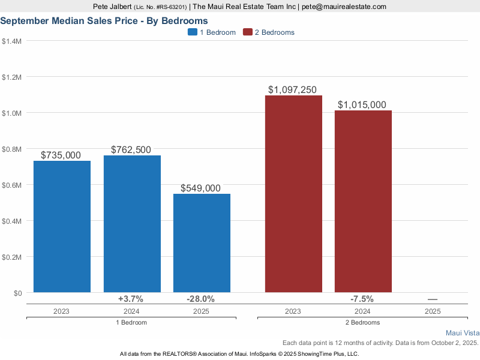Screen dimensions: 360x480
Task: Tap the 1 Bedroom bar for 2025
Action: (202, 243)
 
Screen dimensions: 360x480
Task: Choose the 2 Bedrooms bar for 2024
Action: (363, 201)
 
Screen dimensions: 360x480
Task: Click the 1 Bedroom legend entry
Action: (212, 32)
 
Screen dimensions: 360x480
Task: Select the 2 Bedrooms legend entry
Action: (268, 32)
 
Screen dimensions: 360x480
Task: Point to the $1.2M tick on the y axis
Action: (12, 77)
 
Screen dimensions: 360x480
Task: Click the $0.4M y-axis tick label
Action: (12, 221)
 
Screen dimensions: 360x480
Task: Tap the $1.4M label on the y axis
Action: (12, 41)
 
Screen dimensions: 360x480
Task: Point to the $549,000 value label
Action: (202, 188)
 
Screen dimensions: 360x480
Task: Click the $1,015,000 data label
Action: (362, 105)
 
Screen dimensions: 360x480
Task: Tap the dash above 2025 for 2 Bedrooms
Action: (433, 299)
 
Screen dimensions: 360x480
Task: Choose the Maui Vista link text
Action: (463, 332)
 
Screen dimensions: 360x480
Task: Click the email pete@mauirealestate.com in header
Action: (343, 7)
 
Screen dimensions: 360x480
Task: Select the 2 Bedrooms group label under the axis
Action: (363, 322)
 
